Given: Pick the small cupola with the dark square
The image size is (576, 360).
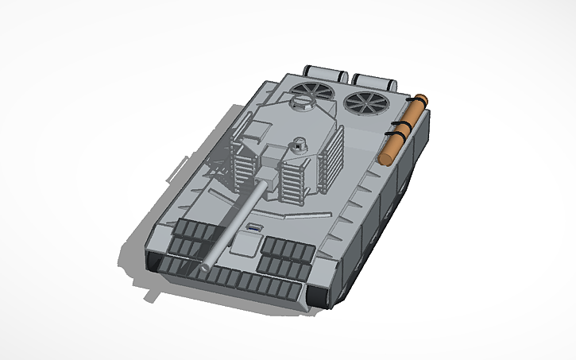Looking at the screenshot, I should tap(299, 145).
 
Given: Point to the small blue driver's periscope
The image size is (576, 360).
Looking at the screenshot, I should tap(253, 229).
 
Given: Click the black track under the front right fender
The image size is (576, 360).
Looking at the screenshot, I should tap(319, 295).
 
